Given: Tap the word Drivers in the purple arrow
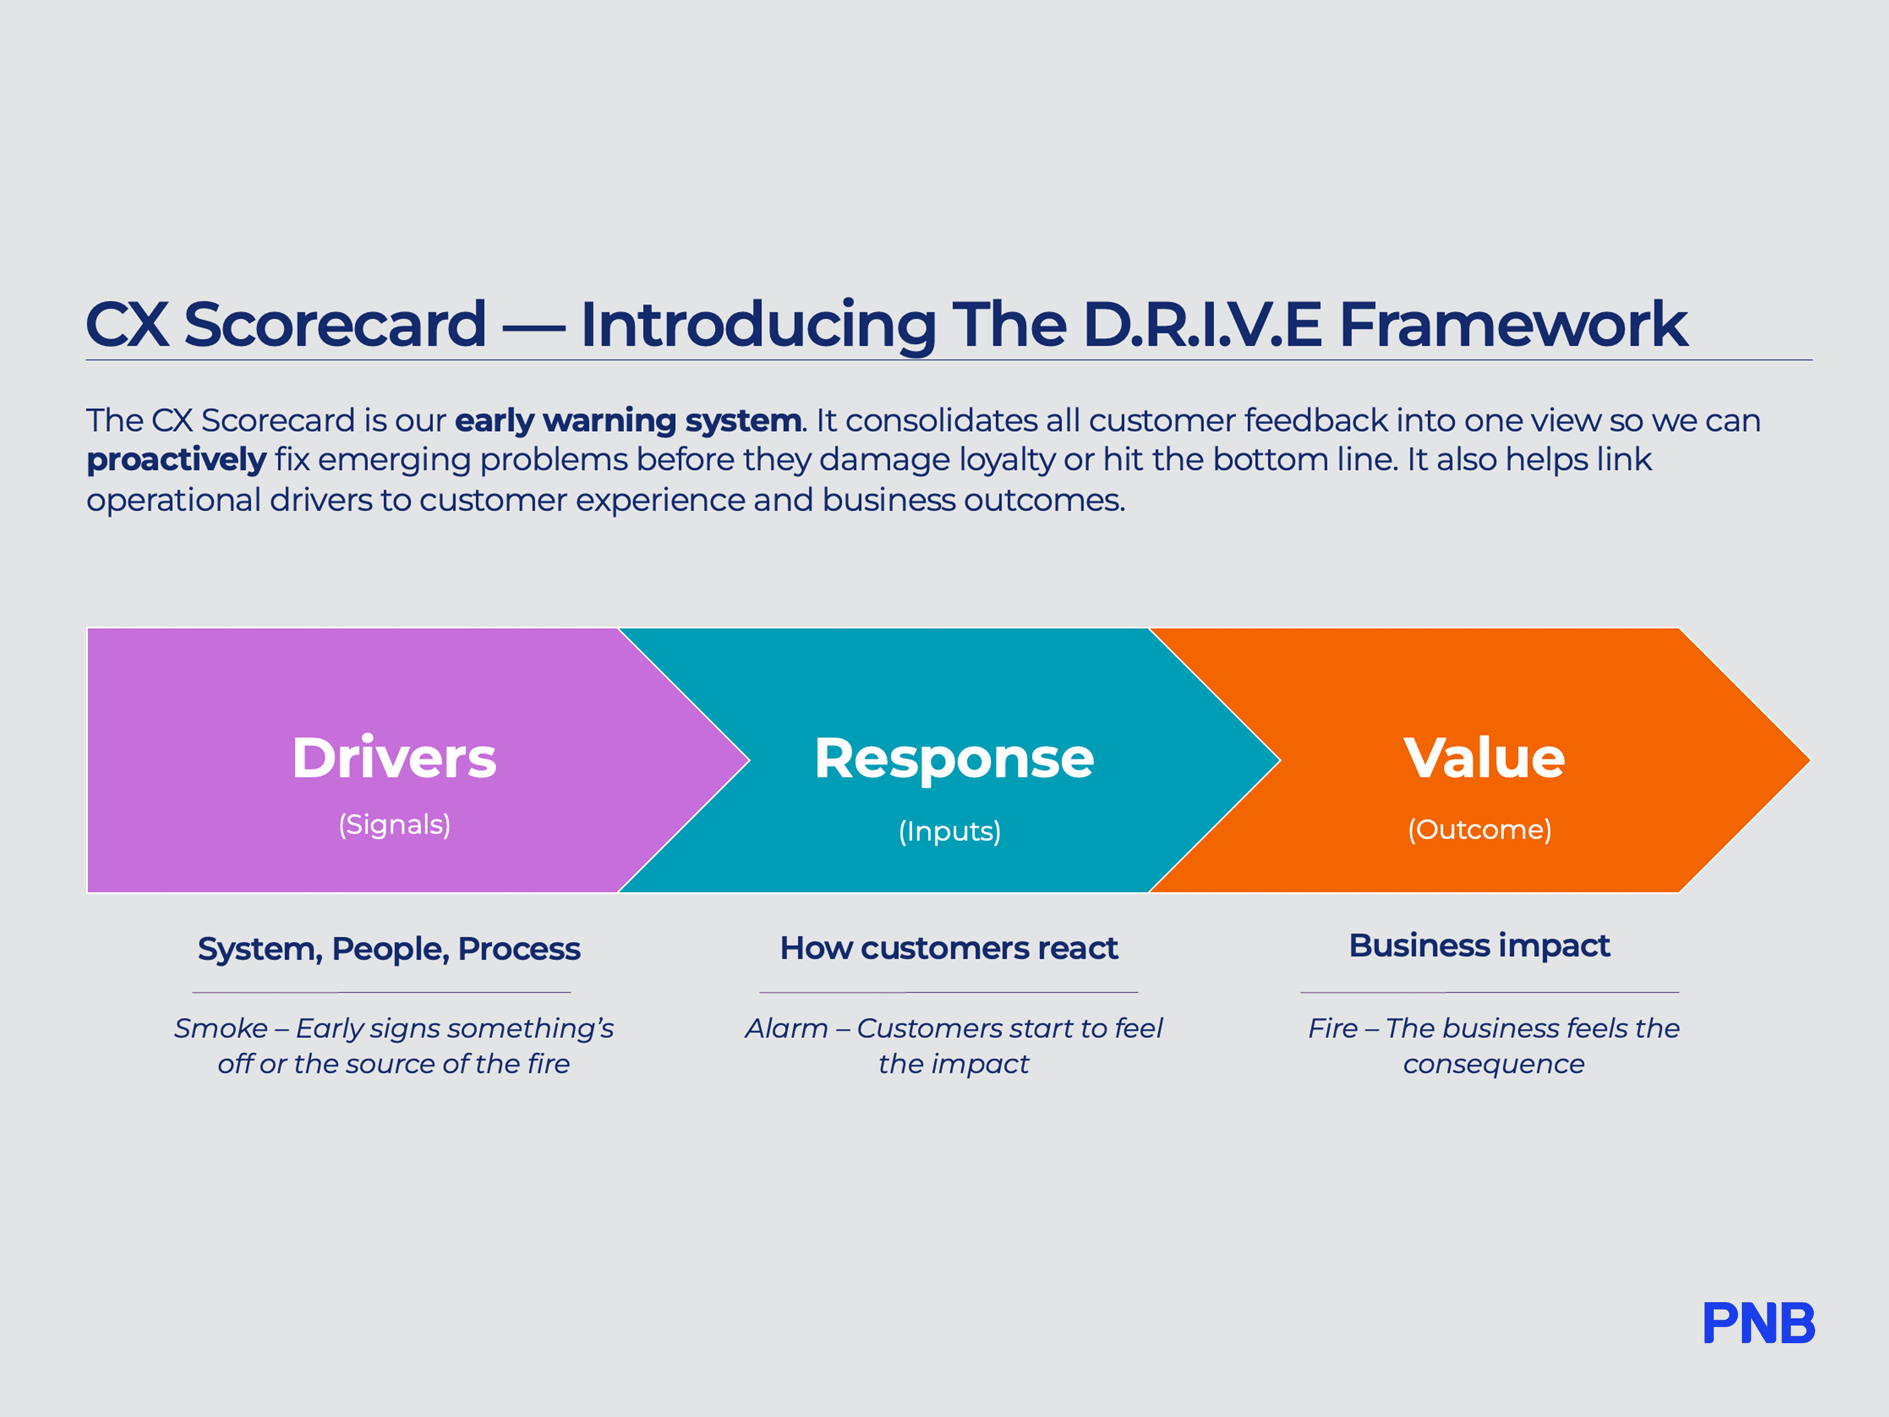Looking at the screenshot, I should pos(394,758).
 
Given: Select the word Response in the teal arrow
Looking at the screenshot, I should pos(953,758).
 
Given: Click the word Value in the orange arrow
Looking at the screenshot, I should pos(1484,758).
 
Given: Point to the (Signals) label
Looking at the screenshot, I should pos(394,824).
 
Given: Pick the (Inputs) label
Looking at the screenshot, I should pos(950,831).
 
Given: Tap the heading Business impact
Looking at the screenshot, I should pos(1479,946).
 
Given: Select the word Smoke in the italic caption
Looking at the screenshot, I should pos(220,1028).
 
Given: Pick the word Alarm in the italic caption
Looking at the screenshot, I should pos(786,1028).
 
